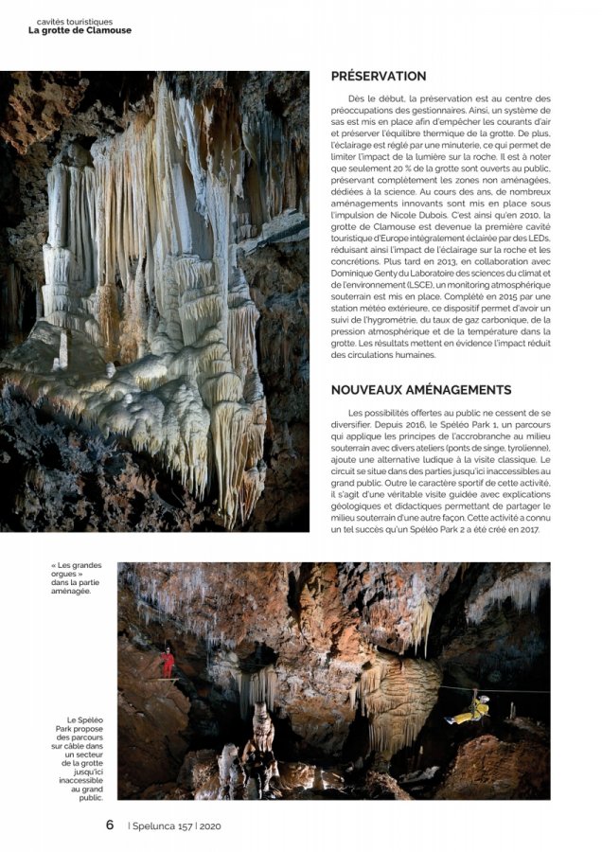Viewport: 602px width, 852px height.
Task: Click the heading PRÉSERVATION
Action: tap(379, 76)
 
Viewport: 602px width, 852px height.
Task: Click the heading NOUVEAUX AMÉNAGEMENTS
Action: tap(421, 389)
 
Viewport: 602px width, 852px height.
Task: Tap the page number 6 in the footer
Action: tap(110, 825)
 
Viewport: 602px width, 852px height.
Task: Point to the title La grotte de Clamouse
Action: tap(80, 30)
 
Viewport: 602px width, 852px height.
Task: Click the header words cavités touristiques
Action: tap(74, 20)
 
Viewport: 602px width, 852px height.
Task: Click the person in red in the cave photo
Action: tap(168, 662)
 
